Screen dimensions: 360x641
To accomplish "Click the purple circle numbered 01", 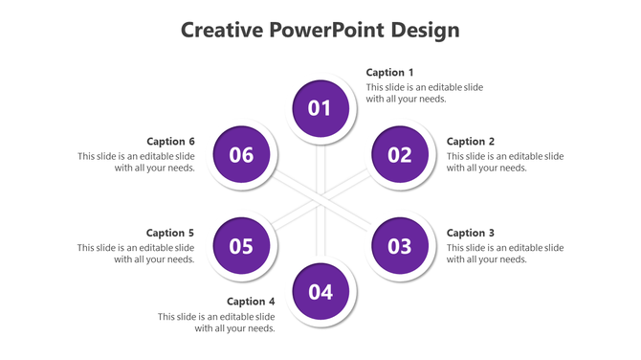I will click(x=320, y=108).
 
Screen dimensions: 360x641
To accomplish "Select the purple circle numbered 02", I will click(x=400, y=154).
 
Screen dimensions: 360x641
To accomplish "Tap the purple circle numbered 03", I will click(x=400, y=246).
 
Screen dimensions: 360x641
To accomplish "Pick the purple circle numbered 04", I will click(x=320, y=292).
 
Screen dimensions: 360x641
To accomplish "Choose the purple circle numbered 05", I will click(x=241, y=246).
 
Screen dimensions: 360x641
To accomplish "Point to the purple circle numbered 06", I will click(x=241, y=154).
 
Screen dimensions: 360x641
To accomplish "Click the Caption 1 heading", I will click(x=390, y=73).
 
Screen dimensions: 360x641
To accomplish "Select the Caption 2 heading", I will click(x=471, y=142).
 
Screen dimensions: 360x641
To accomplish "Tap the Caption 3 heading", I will click(x=471, y=233).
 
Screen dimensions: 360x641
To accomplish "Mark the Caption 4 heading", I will click(x=251, y=302).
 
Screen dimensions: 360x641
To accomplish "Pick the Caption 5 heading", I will click(x=170, y=233).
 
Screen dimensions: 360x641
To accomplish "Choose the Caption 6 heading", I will click(x=170, y=142).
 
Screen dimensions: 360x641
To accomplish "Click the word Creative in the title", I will click(x=223, y=30).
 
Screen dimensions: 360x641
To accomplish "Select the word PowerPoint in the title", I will click(x=328, y=30).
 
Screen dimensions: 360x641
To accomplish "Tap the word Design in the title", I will click(x=426, y=30).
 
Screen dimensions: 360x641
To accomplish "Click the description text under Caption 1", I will click(x=424, y=93).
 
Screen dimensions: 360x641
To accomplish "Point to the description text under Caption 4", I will click(x=217, y=323).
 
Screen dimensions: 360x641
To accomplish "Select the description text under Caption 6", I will click(x=137, y=162).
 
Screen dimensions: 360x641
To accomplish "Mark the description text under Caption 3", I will click(x=504, y=254).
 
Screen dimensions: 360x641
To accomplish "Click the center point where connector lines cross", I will click(x=320, y=200).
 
